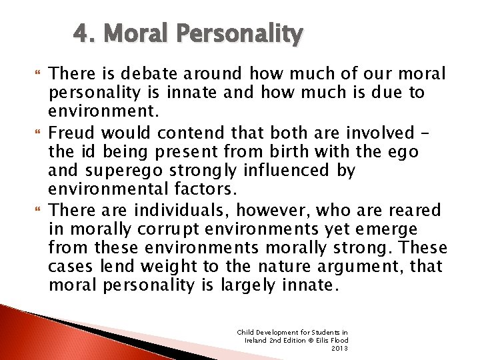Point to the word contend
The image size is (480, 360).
click(x=187, y=133)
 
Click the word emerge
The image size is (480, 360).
click(x=394, y=230)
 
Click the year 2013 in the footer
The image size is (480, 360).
click(x=339, y=347)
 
